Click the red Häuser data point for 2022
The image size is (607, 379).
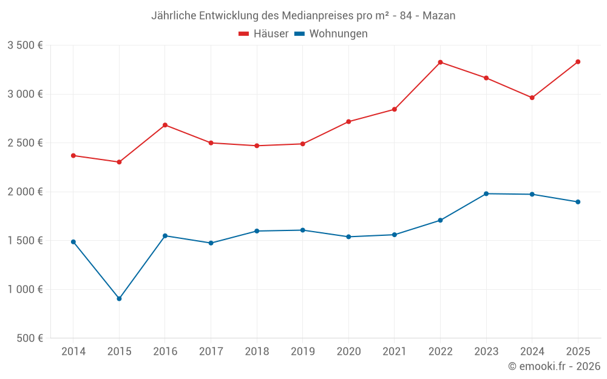pyautogui.click(x=440, y=62)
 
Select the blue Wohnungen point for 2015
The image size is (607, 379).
pyautogui.click(x=119, y=299)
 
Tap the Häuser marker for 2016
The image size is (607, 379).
pyautogui.click(x=165, y=125)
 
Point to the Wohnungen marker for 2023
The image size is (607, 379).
pyautogui.click(x=486, y=193)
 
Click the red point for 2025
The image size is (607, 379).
pyautogui.click(x=578, y=62)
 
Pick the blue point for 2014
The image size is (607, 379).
pyautogui.click(x=73, y=242)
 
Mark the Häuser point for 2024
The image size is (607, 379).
pyautogui.click(x=532, y=98)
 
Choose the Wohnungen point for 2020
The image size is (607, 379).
pyautogui.click(x=348, y=236)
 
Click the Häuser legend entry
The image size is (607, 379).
pyautogui.click(x=263, y=34)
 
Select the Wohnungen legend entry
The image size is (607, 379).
pyautogui.click(x=331, y=34)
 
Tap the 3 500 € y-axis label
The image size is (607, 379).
pyautogui.click(x=25, y=45)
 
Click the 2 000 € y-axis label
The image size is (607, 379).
pyautogui.click(x=25, y=192)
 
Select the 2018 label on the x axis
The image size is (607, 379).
pyautogui.click(x=257, y=352)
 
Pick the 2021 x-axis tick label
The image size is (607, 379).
pyautogui.click(x=395, y=352)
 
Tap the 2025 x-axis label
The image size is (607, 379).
pyautogui.click(x=578, y=352)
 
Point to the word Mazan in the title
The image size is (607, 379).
pyautogui.click(x=440, y=16)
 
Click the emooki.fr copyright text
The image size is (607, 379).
pyautogui.click(x=554, y=366)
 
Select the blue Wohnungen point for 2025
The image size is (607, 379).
pyautogui.click(x=578, y=202)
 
